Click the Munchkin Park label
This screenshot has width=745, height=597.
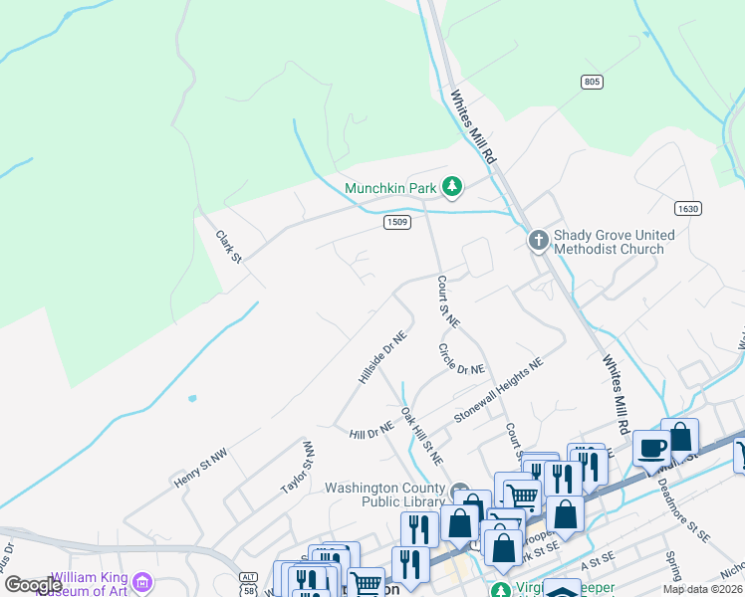pos(390,187)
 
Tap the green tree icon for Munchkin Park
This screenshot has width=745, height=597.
pos(452,186)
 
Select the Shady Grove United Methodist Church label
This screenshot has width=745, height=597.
pos(614,242)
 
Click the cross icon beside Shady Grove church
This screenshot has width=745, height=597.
pos(538,240)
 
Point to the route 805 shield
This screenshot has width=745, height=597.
pos(592,80)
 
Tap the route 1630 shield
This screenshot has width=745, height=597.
pos(687,208)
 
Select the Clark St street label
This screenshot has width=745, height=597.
pos(229,247)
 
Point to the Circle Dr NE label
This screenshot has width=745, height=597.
pos(462,359)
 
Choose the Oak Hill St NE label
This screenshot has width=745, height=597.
pos(421,435)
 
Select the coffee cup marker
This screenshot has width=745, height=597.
pos(651,448)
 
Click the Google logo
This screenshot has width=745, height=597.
pos(32,585)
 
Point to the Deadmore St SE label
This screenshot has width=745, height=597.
pos(684,510)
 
